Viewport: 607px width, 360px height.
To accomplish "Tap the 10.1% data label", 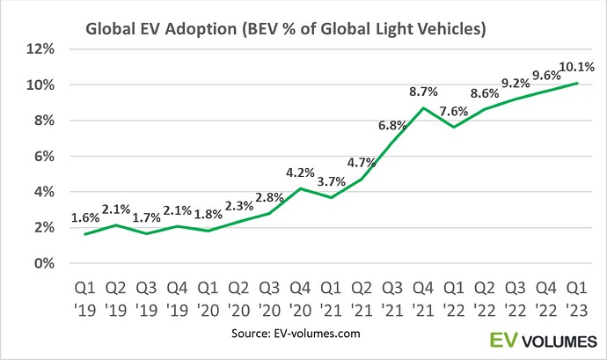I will coord(576,66).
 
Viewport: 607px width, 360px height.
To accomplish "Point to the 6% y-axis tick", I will coord(42,157).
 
